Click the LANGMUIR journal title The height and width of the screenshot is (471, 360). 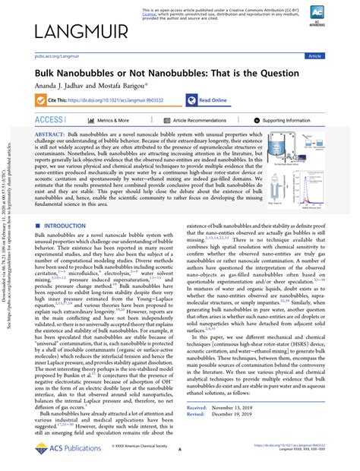click(x=80, y=31)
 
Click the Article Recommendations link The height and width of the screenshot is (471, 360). click(x=200, y=120)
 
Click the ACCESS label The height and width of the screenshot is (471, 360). click(x=49, y=120)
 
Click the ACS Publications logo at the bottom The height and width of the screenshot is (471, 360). click(x=65, y=448)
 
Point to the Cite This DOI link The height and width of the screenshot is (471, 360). click(x=114, y=100)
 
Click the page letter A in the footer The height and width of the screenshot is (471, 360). click(x=180, y=450)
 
